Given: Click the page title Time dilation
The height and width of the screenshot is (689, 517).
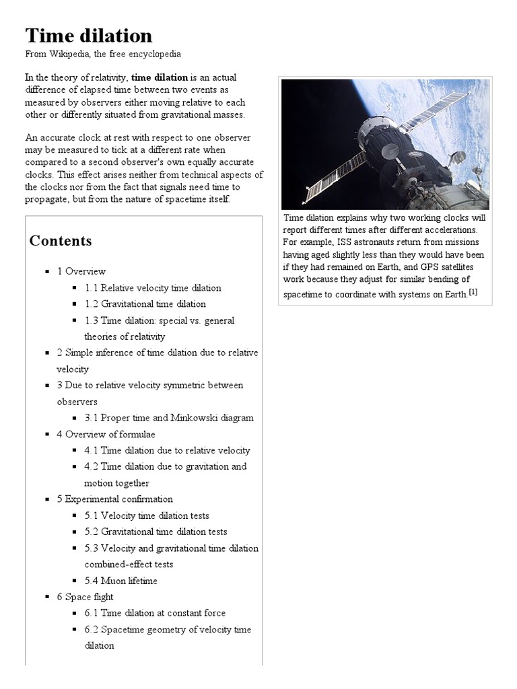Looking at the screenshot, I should (89, 35).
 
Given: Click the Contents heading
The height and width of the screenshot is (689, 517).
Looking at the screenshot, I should (61, 241).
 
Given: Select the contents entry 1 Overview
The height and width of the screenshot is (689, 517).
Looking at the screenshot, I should (81, 271).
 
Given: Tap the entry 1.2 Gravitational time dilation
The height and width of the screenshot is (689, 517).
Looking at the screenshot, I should (145, 304).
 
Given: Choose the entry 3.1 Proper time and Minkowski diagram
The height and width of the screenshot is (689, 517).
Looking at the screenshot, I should (169, 418).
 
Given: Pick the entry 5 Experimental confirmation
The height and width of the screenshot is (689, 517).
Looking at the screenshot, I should (114, 499).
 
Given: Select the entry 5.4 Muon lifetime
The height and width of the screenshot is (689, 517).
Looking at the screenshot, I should (121, 581).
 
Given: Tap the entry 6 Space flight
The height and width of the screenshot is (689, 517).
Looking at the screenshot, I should (85, 597).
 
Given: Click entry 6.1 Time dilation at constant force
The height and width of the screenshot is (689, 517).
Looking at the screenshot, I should (155, 613).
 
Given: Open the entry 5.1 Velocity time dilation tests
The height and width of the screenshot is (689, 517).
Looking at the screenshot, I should (147, 515).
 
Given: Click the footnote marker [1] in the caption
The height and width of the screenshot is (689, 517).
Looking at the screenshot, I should (473, 291).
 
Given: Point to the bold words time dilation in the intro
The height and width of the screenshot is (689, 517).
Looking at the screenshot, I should (160, 78).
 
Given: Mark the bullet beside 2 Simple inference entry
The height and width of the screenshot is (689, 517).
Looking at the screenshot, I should (48, 353).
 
